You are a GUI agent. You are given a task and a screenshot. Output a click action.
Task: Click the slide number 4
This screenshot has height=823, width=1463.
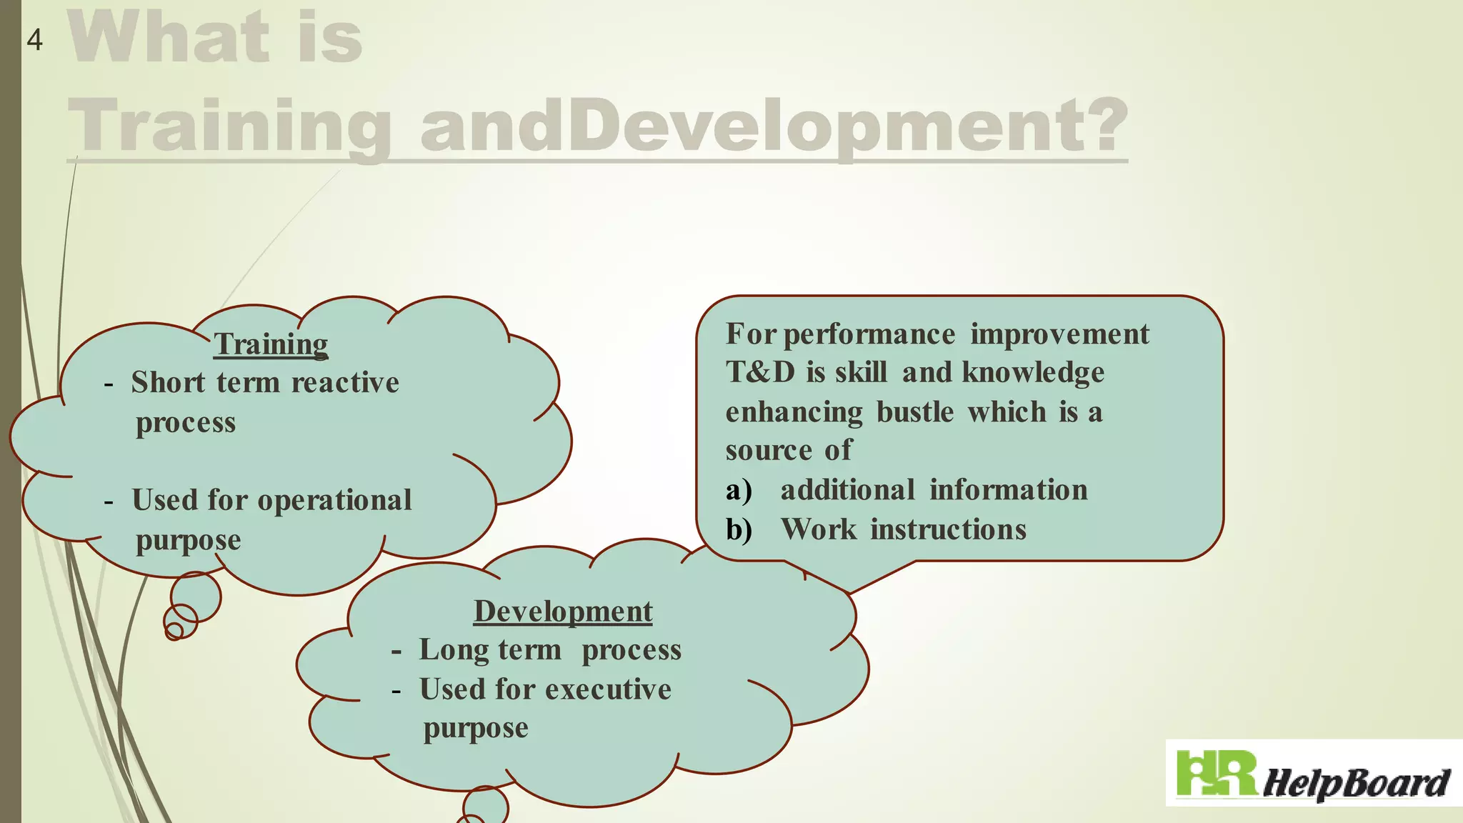34,40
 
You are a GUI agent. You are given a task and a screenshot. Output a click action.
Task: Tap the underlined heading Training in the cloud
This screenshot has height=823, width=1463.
271,344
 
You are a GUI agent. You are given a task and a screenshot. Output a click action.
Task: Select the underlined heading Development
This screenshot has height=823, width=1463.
563,612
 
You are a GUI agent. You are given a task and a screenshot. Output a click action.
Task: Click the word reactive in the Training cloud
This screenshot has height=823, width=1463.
345,383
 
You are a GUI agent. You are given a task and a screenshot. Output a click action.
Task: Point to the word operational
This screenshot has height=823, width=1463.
334,500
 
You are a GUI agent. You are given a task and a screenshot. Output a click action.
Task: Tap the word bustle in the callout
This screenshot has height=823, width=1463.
915,412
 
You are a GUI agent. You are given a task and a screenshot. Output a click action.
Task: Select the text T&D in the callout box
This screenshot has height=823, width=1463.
760,372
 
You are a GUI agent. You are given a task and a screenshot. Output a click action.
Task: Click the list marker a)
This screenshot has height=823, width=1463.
739,491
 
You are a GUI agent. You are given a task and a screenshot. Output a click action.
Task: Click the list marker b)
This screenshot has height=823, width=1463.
739,530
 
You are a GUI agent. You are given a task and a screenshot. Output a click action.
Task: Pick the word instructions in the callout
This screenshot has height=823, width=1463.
948,530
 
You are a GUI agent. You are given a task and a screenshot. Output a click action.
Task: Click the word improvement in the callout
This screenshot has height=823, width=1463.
1059,334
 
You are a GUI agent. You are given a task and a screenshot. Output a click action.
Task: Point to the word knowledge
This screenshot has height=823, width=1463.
1033,373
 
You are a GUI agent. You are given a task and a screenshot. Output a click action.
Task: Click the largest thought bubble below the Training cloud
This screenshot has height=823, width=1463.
196,596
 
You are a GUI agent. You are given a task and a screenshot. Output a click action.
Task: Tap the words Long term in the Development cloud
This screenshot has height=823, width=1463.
490,650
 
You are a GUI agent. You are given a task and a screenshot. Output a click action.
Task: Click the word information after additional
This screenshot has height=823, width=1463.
1009,491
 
